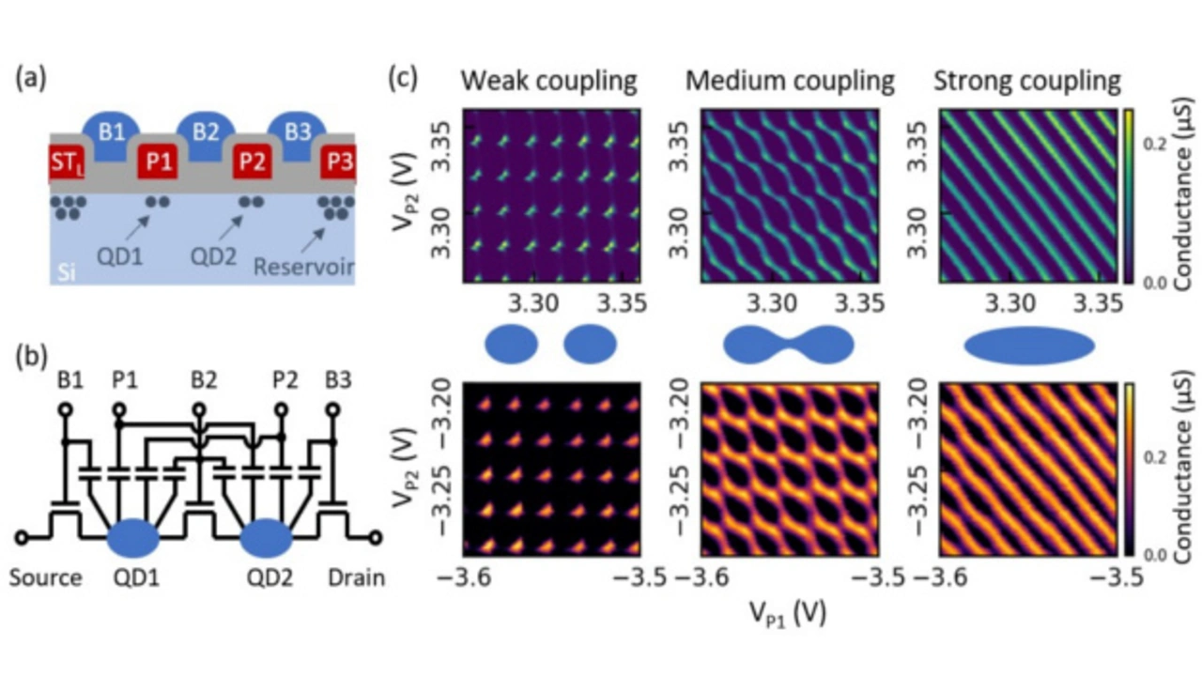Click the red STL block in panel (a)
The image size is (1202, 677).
(67, 162)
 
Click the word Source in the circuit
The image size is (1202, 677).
(45, 577)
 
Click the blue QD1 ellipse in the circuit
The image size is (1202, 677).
(133, 538)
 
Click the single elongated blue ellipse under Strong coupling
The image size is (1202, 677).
(1030, 346)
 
